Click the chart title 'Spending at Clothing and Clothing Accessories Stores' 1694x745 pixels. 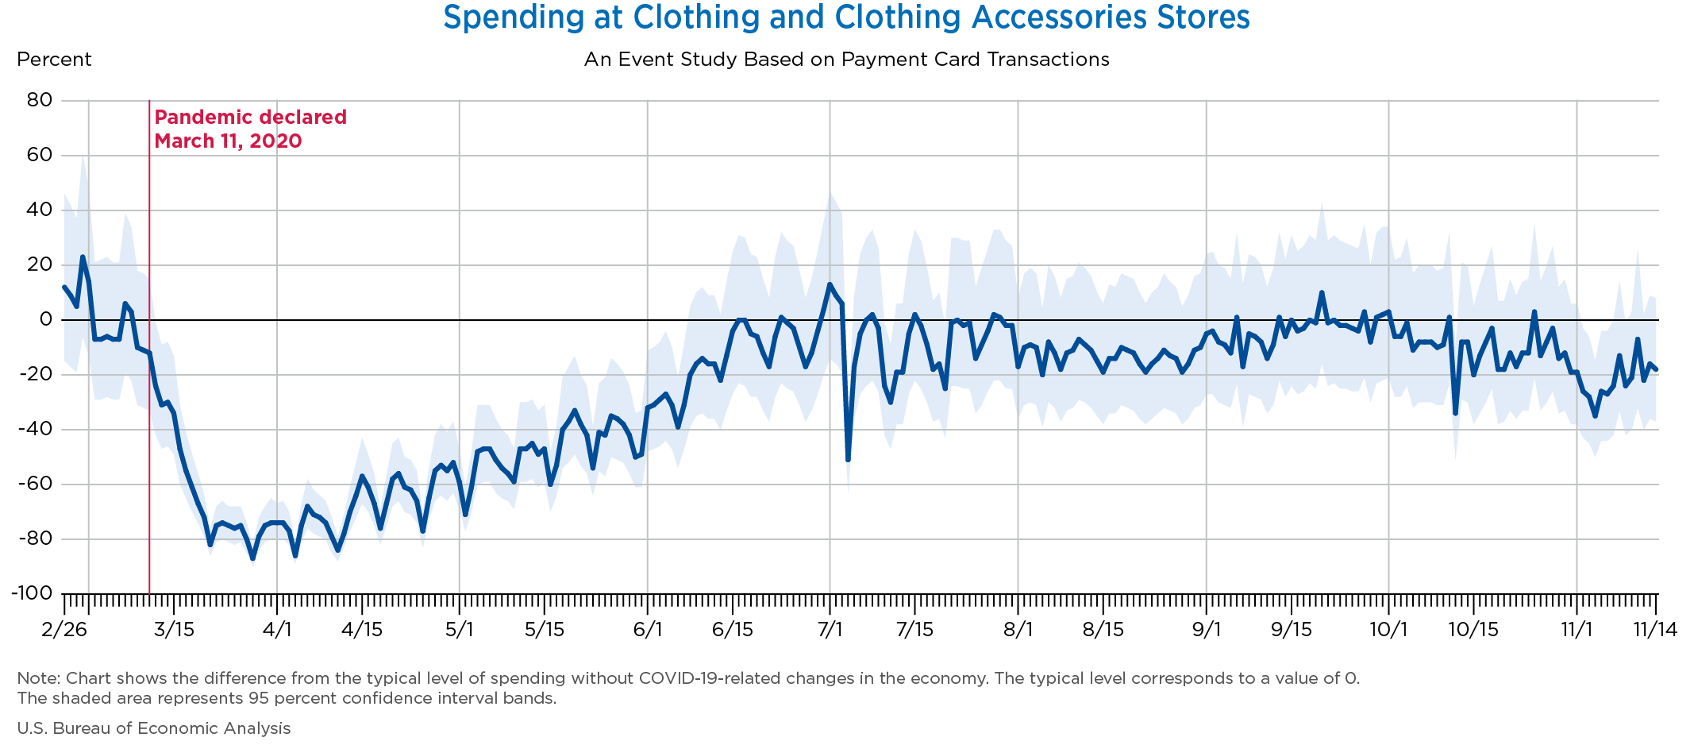tap(846, 17)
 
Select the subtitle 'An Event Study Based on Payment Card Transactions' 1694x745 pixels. tap(846, 60)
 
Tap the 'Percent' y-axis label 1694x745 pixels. tap(54, 60)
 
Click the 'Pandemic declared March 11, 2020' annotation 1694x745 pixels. tap(250, 129)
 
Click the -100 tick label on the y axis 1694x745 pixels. tap(32, 593)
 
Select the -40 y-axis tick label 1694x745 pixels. tap(36, 429)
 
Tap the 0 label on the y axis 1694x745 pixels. tap(46, 319)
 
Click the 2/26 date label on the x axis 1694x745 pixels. tap(64, 630)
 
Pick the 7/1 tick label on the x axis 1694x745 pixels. tap(830, 630)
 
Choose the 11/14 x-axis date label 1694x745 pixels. tap(1654, 630)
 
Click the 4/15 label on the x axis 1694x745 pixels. tap(362, 630)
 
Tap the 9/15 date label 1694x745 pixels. tap(1292, 630)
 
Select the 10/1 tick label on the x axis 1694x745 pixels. tap(1388, 630)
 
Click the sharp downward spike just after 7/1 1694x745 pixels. tap(848, 459)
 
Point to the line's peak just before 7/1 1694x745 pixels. tap(830, 284)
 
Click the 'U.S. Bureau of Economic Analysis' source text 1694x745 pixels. tap(154, 728)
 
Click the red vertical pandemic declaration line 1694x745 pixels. tap(149, 357)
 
